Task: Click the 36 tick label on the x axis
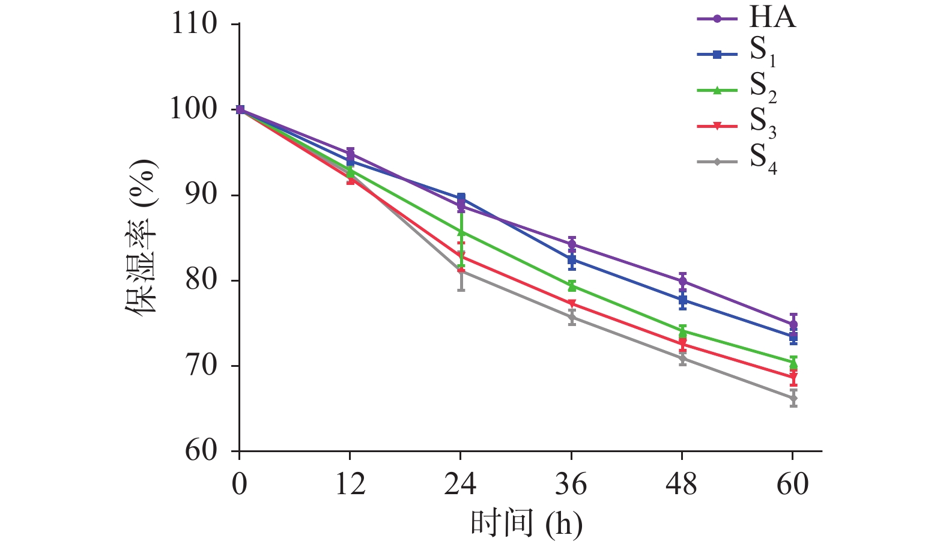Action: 571,484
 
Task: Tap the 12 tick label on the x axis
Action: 350,484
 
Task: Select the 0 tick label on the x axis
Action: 240,484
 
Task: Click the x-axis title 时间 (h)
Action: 526,524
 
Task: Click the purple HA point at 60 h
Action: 793,324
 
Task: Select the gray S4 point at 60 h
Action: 793,398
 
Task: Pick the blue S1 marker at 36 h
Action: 572,259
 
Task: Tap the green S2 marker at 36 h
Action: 572,286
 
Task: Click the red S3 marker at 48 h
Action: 682,344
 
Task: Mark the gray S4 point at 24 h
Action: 461,271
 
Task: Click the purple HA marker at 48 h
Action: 682,281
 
